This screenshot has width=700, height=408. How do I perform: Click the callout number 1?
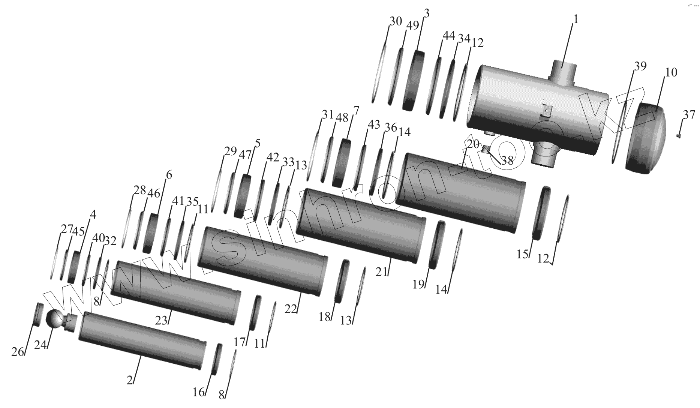coord(576,19)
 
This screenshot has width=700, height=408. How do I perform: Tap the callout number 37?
coord(689,115)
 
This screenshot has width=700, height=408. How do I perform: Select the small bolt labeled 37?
coord(679,136)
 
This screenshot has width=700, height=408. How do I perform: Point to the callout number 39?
coord(640,66)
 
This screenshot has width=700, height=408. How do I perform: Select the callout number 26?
coord(17,352)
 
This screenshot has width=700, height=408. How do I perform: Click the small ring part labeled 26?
coord(38,314)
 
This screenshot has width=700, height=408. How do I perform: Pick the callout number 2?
coord(130,380)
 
